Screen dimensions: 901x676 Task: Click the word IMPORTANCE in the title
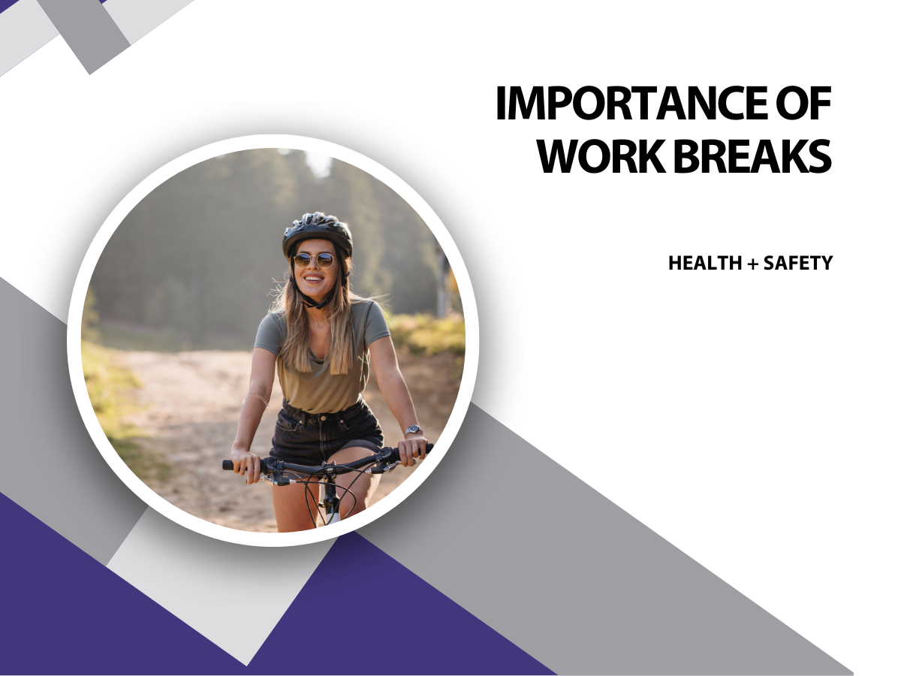coord(630,103)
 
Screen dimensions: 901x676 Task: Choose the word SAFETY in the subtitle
coord(798,263)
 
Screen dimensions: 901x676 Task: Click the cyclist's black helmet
coord(317,233)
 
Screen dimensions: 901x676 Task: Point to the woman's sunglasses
coord(314,261)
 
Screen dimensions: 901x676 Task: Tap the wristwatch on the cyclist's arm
coord(414,430)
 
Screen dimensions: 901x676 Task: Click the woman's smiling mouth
coord(314,279)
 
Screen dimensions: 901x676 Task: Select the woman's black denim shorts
coord(327,433)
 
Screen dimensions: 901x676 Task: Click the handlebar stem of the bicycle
coord(330,490)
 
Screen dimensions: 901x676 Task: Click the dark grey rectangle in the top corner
coord(86,33)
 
